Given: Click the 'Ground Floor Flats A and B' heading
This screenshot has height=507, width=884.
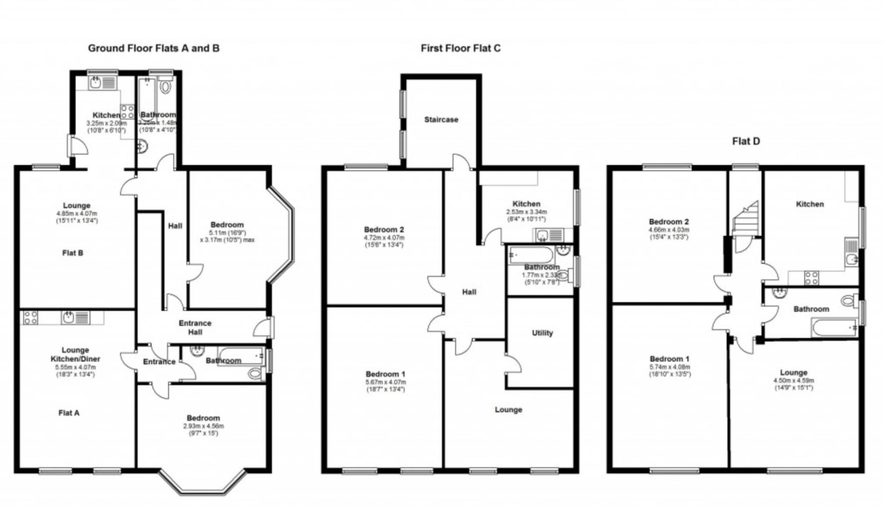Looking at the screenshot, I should pyautogui.click(x=154, y=48).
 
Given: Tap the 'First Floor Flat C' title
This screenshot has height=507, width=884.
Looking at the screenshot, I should pyautogui.click(x=461, y=48).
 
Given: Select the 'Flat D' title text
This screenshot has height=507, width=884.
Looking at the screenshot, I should pyautogui.click(x=746, y=141).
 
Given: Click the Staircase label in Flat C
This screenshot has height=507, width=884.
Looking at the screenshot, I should pyautogui.click(x=441, y=120).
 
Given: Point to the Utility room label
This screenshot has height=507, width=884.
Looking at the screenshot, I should pyautogui.click(x=542, y=333).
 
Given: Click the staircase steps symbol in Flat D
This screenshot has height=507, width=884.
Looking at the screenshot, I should pyautogui.click(x=746, y=220).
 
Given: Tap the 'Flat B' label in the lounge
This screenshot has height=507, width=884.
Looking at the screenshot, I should pyautogui.click(x=73, y=253).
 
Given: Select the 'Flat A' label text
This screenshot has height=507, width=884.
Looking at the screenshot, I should pyautogui.click(x=69, y=413).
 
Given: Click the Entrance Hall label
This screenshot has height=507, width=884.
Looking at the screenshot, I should pyautogui.click(x=195, y=327).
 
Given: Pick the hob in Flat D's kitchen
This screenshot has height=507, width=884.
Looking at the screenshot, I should pyautogui.click(x=811, y=277).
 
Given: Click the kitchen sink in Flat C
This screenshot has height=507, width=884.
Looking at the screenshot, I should pyautogui.click(x=543, y=235).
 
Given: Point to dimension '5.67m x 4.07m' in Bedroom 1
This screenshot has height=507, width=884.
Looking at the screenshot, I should pyautogui.click(x=385, y=382).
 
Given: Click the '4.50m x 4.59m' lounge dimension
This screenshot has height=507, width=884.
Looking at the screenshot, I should pyautogui.click(x=793, y=380).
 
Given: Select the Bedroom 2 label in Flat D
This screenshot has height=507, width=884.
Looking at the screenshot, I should pyautogui.click(x=669, y=222).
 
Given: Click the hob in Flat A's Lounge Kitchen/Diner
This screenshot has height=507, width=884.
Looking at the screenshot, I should pyautogui.click(x=30, y=318).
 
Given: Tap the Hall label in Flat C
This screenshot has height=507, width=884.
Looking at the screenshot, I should pyautogui.click(x=469, y=292).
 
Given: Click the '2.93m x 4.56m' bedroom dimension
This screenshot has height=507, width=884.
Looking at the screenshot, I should pyautogui.click(x=203, y=426).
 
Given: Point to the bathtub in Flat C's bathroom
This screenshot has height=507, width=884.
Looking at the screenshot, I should pyautogui.click(x=530, y=255).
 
